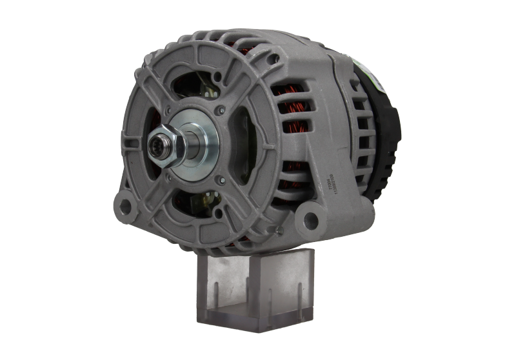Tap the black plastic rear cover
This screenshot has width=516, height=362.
(384, 129)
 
